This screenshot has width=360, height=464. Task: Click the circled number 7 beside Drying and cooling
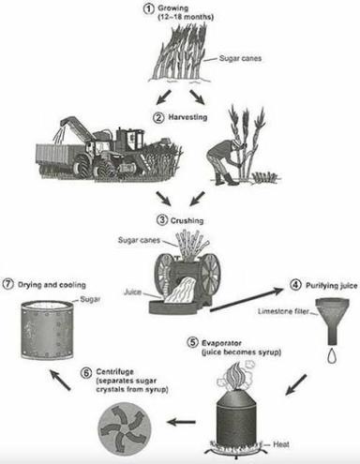(9, 284)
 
